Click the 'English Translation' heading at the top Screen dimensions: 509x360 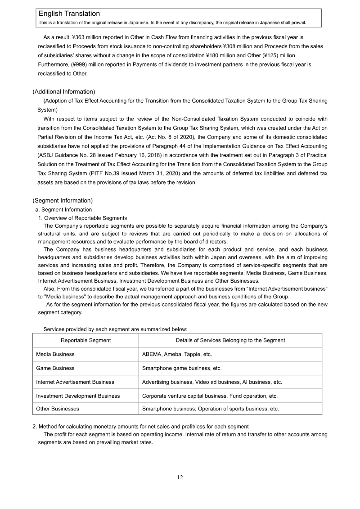69,14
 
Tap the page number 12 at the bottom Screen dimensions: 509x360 180,477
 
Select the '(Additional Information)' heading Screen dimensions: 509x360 63,92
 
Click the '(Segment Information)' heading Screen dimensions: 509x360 62,200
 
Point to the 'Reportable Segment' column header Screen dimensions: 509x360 85,340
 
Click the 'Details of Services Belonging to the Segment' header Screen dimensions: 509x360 230,340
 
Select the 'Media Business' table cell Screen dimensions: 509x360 55,354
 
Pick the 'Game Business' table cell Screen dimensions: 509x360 55,368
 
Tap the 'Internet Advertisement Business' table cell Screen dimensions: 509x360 75,382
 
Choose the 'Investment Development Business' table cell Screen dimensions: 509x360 78,396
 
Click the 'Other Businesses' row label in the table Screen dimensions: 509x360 58,409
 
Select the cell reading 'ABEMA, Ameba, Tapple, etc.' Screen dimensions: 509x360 177,354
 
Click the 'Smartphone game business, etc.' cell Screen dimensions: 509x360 182,368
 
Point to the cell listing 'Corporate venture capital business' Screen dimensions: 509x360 210,396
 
